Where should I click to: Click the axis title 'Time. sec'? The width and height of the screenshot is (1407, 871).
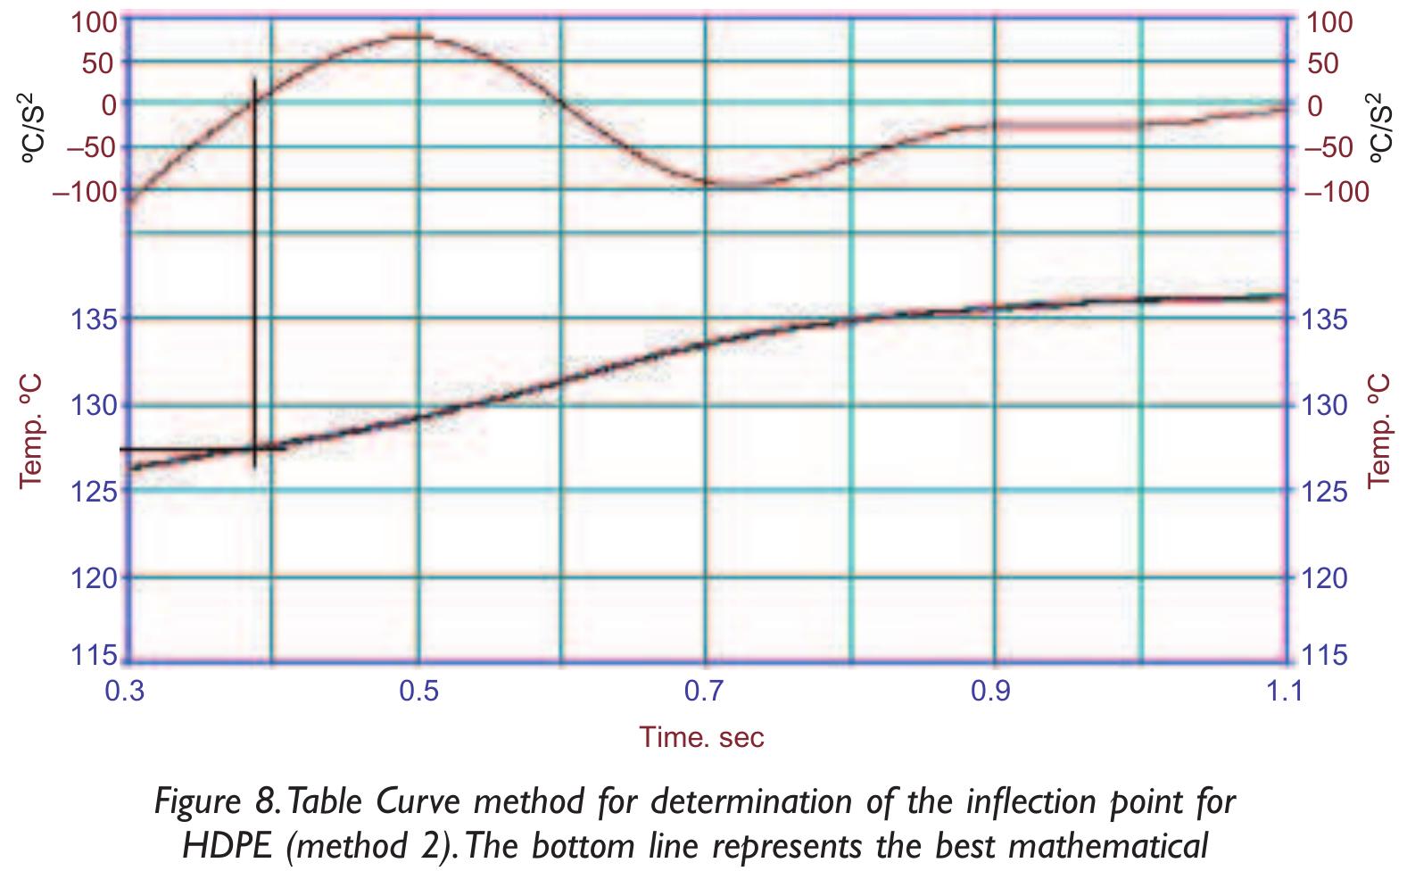coord(701,736)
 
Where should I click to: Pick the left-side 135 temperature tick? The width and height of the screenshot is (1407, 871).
coord(93,319)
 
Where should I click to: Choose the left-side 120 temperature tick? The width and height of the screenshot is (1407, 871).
coord(93,578)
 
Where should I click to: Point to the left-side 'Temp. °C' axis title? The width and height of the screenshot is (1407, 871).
coord(31,431)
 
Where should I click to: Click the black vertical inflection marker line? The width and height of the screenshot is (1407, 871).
coord(254,268)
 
